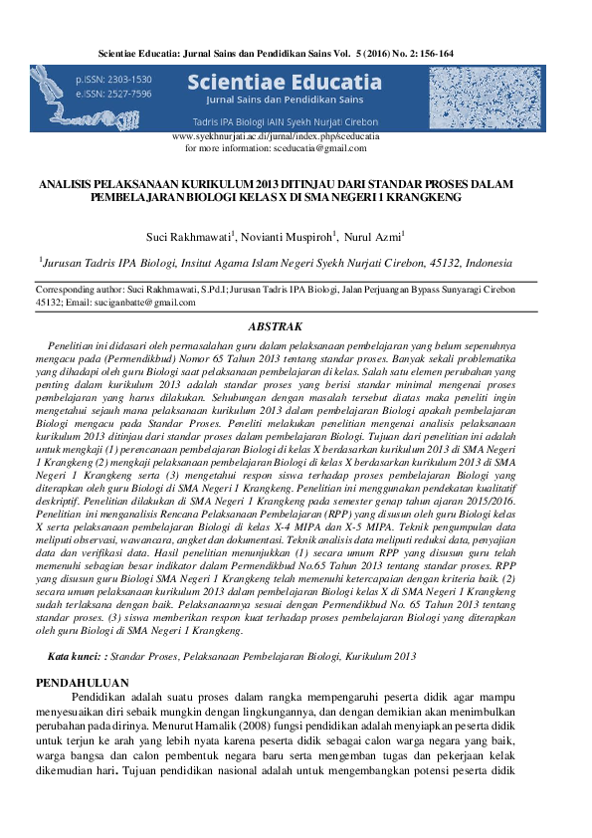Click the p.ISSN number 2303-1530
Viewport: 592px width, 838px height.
130,80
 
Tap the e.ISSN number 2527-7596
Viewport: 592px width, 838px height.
130,94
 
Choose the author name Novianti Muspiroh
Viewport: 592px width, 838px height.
284,237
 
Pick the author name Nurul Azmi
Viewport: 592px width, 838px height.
374,237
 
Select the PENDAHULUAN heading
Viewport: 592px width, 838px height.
82,683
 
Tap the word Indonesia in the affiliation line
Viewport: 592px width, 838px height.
481,263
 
